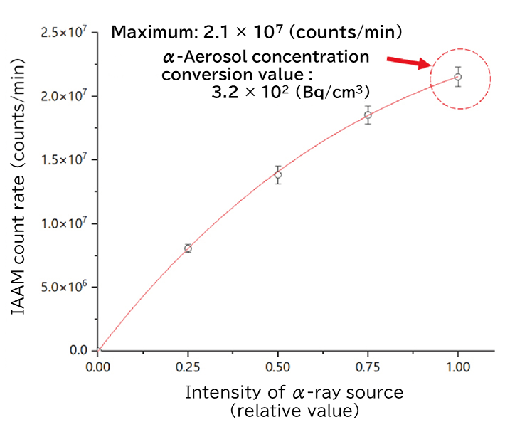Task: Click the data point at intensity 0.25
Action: tap(188, 248)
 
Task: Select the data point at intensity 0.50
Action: tap(278, 175)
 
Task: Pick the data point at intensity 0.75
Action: tap(368, 115)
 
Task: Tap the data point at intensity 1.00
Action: tap(458, 77)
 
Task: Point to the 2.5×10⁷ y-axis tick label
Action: tap(63, 32)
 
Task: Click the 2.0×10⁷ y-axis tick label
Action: tap(63, 96)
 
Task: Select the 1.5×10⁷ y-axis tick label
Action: tap(63, 159)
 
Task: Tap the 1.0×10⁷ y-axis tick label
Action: tap(63, 223)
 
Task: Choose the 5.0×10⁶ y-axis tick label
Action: tap(63, 287)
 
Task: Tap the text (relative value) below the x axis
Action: tap(294, 411)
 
